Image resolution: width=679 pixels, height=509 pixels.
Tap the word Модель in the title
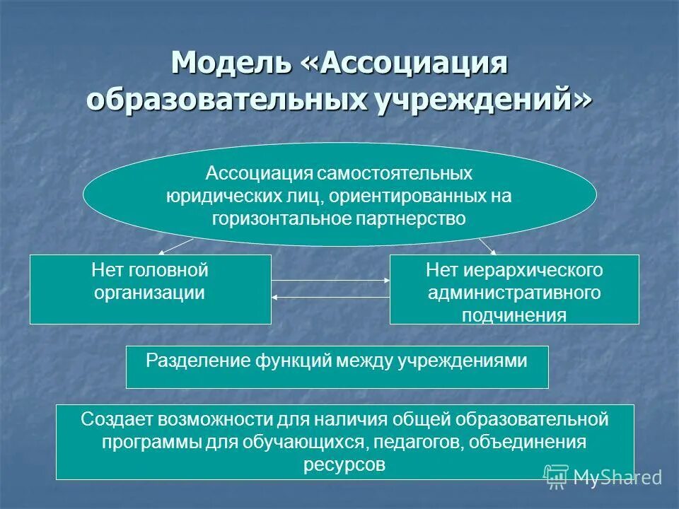tap(231, 64)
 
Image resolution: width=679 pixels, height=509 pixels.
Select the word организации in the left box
tap(150, 292)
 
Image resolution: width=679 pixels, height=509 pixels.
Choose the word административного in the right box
tap(514, 293)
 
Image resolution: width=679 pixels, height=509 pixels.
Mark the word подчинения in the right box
tap(514, 315)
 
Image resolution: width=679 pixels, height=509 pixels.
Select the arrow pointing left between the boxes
tap(331, 297)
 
